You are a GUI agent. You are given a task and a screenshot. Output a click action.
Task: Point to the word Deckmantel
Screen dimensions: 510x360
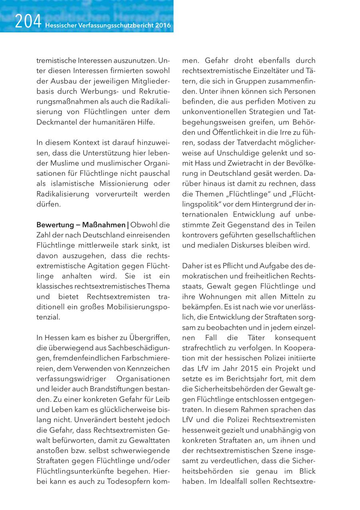tap(55, 122)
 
